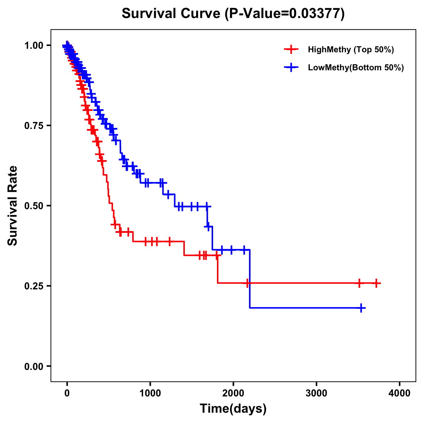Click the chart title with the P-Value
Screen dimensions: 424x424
pos(233,13)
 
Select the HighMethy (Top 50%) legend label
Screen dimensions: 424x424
pos(351,49)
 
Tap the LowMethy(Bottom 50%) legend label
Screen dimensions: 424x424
pos(356,67)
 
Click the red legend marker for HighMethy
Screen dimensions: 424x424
pos(291,49)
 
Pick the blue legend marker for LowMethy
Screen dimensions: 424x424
pos(291,67)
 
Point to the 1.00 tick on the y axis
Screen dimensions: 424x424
pos(33,45)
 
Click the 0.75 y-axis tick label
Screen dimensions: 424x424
pos(33,125)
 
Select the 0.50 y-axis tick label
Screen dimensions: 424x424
pos(33,206)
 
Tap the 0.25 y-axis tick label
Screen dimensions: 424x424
pos(33,286)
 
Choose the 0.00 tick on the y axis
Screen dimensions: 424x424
pos(33,366)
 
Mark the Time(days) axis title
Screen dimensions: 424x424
pos(233,409)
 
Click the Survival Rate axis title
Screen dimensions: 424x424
pos(13,206)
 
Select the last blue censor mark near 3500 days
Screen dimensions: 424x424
pos(361,308)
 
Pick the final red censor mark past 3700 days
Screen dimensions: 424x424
pos(376,283)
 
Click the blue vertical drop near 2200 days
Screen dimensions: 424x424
pos(250,279)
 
